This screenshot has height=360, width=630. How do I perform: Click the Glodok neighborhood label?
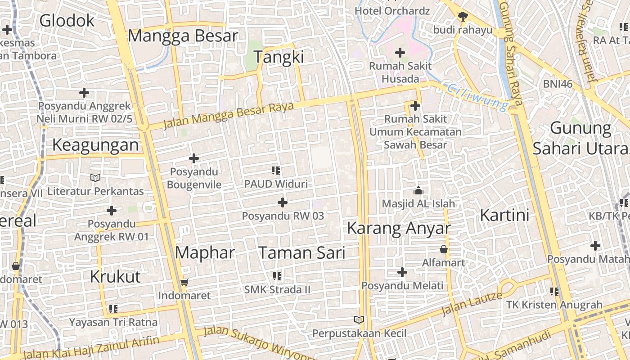point(67,21)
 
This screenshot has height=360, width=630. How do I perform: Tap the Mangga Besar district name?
point(183,36)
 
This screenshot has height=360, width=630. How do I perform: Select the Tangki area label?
point(279,57)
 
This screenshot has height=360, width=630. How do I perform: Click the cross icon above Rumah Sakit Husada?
point(400,53)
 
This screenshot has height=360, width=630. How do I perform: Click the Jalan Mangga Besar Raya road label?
point(228,115)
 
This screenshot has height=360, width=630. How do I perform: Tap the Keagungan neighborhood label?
point(95,145)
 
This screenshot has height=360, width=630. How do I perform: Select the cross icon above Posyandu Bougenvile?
point(194,158)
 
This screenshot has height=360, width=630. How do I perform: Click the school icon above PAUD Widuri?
point(276,171)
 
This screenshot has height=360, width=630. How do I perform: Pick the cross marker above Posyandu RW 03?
point(283,202)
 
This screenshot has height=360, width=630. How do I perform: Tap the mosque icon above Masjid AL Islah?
point(418,190)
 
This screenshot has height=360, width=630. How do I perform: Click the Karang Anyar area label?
point(399,228)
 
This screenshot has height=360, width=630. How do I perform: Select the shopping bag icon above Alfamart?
point(444,249)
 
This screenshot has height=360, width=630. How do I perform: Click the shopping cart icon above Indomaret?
point(184,283)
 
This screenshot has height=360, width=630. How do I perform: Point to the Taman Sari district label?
point(302,253)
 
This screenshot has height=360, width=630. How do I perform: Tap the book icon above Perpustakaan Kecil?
point(359,320)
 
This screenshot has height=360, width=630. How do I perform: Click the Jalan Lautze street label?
point(472,304)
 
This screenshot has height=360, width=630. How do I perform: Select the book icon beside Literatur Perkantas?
point(95,178)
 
